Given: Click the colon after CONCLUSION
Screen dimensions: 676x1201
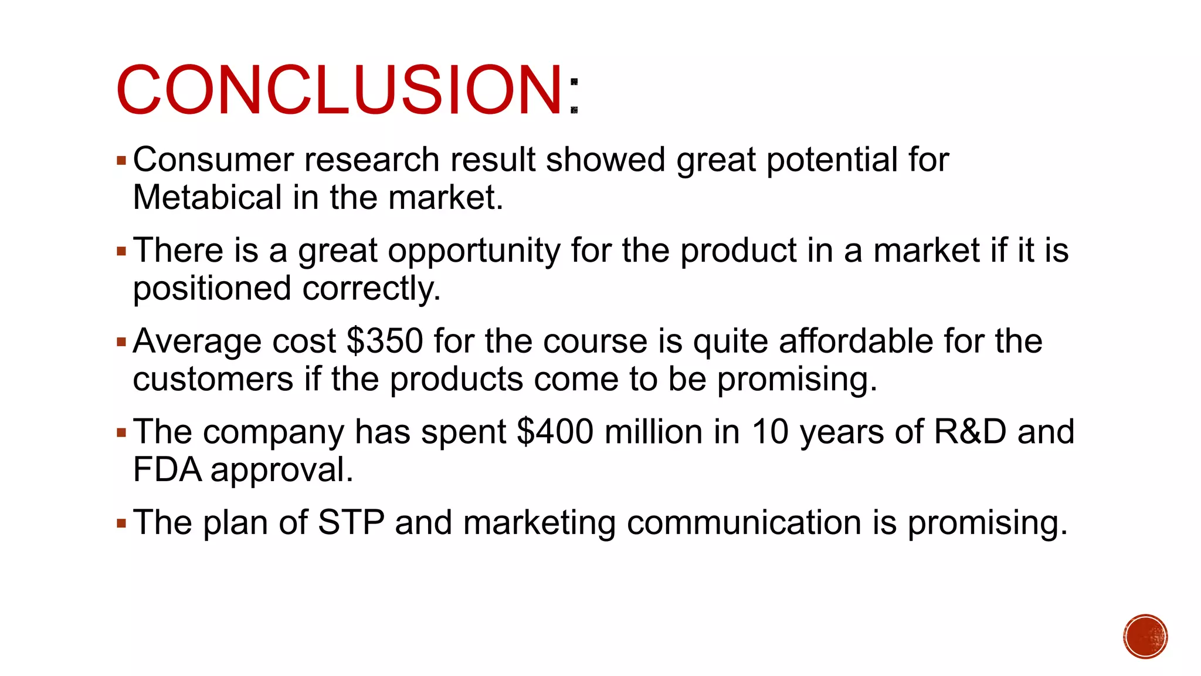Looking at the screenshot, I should [x=574, y=96].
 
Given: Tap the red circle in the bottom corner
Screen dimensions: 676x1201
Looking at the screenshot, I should [x=1145, y=637].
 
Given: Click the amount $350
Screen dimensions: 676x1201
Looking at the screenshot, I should [x=385, y=341].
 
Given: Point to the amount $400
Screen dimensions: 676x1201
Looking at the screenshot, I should [x=555, y=432].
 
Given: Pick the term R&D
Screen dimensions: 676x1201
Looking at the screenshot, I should [x=970, y=432].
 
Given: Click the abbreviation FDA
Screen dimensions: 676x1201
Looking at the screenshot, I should [x=167, y=469].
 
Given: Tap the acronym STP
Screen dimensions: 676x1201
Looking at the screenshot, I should [x=351, y=522].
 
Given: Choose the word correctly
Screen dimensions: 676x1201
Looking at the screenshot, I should [x=371, y=289].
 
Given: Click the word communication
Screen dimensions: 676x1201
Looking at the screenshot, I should [x=744, y=522].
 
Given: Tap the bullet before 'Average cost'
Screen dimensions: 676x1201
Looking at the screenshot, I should [x=121, y=342].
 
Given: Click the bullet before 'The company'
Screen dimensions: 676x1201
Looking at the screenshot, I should [x=121, y=433].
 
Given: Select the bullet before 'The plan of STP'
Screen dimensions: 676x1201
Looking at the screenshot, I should [x=121, y=523].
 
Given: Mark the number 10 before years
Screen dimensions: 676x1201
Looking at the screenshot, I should [x=770, y=432].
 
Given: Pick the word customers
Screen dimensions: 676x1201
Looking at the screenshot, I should [x=213, y=379].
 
